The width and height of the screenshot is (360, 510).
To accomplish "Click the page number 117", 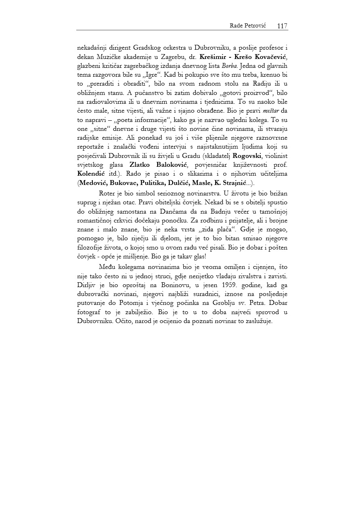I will [282, 26].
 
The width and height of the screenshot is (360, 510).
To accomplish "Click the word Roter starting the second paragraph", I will [107, 193].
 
